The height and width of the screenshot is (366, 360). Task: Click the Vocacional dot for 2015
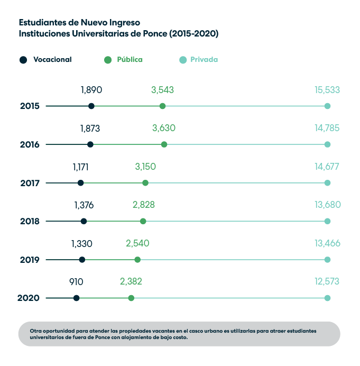tap(91, 106)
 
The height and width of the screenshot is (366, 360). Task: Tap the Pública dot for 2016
tap(164, 144)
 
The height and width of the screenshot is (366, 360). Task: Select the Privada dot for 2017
tap(327, 183)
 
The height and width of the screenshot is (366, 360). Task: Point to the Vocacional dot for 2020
tap(77, 298)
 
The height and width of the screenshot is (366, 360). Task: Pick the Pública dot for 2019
tap(137, 260)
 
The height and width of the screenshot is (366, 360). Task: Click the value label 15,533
tap(327, 90)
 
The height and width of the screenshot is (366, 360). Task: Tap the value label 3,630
tap(163, 128)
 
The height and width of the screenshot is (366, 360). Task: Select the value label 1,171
tap(81, 167)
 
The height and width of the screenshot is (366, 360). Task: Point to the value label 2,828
tap(143, 205)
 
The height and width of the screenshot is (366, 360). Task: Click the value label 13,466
tap(327, 243)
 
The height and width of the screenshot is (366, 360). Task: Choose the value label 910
tap(77, 282)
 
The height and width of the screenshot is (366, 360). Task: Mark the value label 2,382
tap(131, 282)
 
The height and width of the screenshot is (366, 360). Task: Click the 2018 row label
tap(30, 222)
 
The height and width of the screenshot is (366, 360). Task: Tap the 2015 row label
tap(30, 106)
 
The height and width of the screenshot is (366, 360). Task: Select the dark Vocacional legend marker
tap(23, 60)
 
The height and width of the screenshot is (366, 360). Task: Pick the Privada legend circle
tap(183, 60)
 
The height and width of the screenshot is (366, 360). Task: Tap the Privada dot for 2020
tap(327, 298)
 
